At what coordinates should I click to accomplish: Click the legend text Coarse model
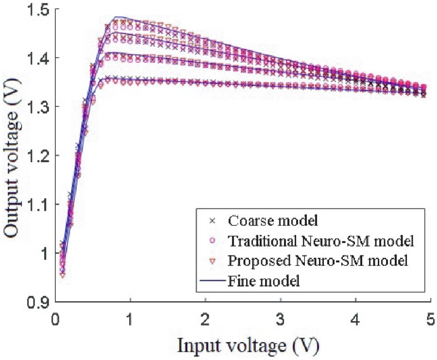[x=272, y=221]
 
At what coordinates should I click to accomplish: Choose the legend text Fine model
[x=263, y=281]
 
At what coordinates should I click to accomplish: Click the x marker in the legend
[x=212, y=221]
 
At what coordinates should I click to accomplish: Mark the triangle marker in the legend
[x=212, y=261]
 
